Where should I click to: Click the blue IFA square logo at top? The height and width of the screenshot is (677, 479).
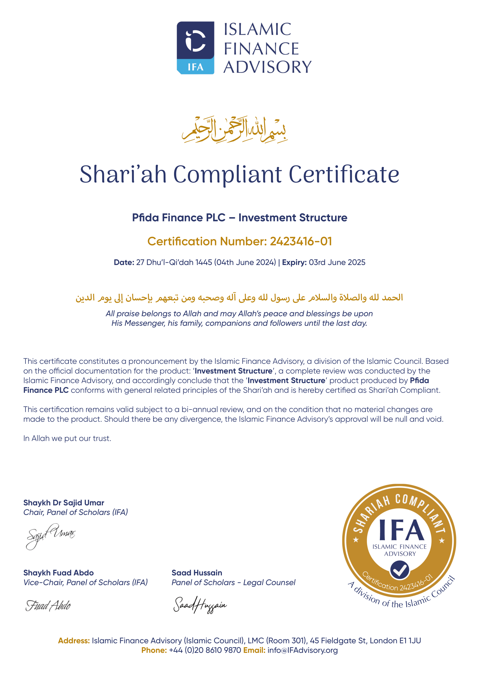pyautogui.click(x=195, y=47)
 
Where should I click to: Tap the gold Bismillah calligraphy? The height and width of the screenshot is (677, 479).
pyautogui.click(x=235, y=130)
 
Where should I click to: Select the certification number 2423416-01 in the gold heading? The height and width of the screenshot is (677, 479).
pyautogui.click(x=301, y=241)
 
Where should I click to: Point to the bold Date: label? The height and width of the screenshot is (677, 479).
pyautogui.click(x=124, y=263)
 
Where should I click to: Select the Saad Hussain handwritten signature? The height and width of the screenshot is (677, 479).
pyautogui.click(x=200, y=604)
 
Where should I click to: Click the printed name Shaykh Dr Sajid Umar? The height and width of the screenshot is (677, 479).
pyautogui.click(x=64, y=503)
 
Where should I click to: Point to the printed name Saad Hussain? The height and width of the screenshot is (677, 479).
pyautogui.click(x=197, y=573)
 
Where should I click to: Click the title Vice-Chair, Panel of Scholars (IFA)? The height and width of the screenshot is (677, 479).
pyautogui.click(x=85, y=582)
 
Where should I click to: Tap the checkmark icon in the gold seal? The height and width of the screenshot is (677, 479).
pyautogui.click(x=399, y=570)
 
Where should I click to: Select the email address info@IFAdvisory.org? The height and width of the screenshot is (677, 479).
pyautogui.click(x=302, y=650)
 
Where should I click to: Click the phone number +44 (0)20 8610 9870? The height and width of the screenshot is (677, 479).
pyautogui.click(x=205, y=650)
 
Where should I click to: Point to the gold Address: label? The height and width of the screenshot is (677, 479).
pyautogui.click(x=74, y=641)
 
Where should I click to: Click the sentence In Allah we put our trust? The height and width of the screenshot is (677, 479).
pyautogui.click(x=67, y=439)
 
